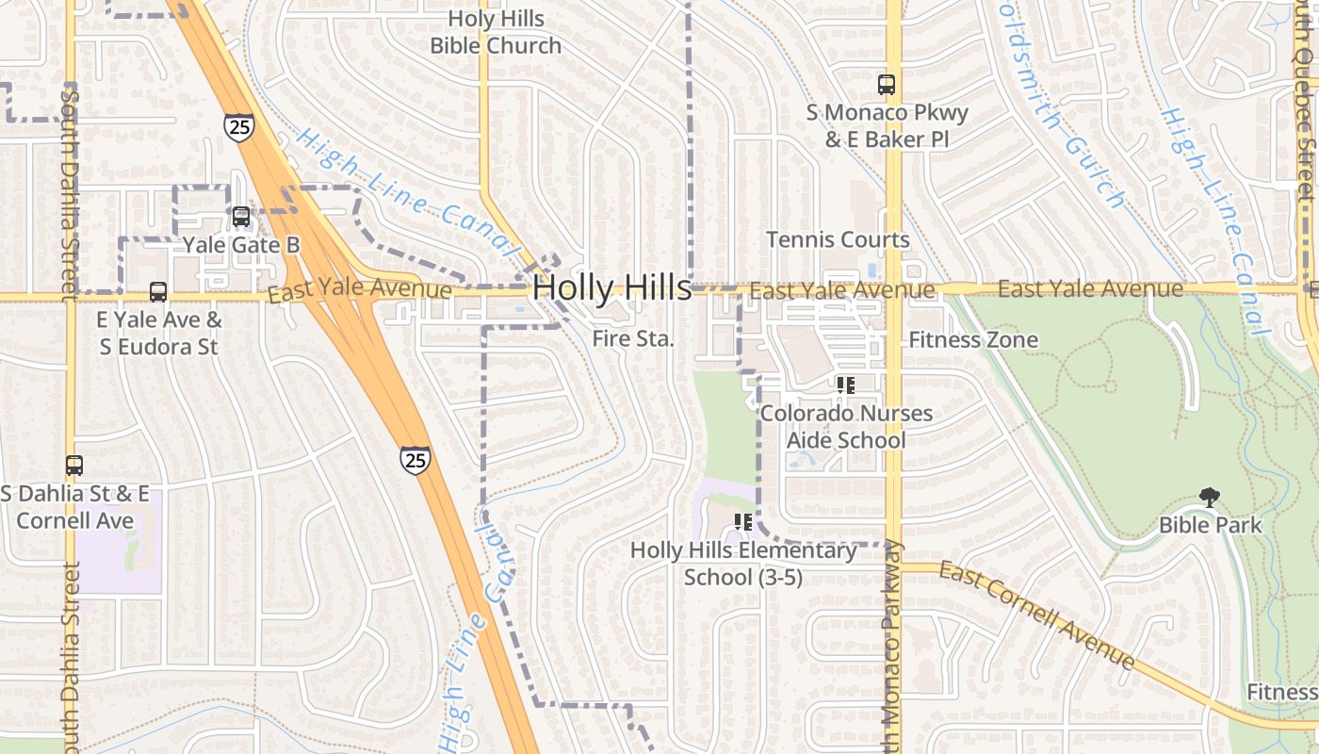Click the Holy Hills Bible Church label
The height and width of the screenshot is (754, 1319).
coord(496,32)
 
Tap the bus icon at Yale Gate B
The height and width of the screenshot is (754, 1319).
coord(241,217)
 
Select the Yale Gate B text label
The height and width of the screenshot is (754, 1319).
coord(241,245)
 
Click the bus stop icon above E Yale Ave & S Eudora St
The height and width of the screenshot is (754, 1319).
coord(158,292)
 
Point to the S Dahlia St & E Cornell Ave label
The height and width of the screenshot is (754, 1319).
coord(74,507)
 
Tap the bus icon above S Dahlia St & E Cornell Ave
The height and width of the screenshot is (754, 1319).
coord(74,466)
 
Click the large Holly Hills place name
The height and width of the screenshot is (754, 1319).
coord(612,288)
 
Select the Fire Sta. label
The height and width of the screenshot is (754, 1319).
coord(633,339)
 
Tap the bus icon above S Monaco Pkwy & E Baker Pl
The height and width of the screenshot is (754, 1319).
coord(887,85)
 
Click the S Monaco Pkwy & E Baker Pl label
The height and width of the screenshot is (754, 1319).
coord(887,126)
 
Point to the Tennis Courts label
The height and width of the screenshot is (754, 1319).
coord(838,239)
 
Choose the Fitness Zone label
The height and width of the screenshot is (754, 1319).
coord(973,339)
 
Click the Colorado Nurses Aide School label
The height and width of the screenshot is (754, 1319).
coord(846,426)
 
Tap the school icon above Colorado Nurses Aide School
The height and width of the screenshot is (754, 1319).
coord(846,385)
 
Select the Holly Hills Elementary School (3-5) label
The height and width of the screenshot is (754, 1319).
coord(743,564)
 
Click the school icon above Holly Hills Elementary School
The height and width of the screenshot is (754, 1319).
coord(743,522)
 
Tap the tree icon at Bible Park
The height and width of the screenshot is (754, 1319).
coord(1210,498)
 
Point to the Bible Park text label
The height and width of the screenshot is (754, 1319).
coord(1210,525)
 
